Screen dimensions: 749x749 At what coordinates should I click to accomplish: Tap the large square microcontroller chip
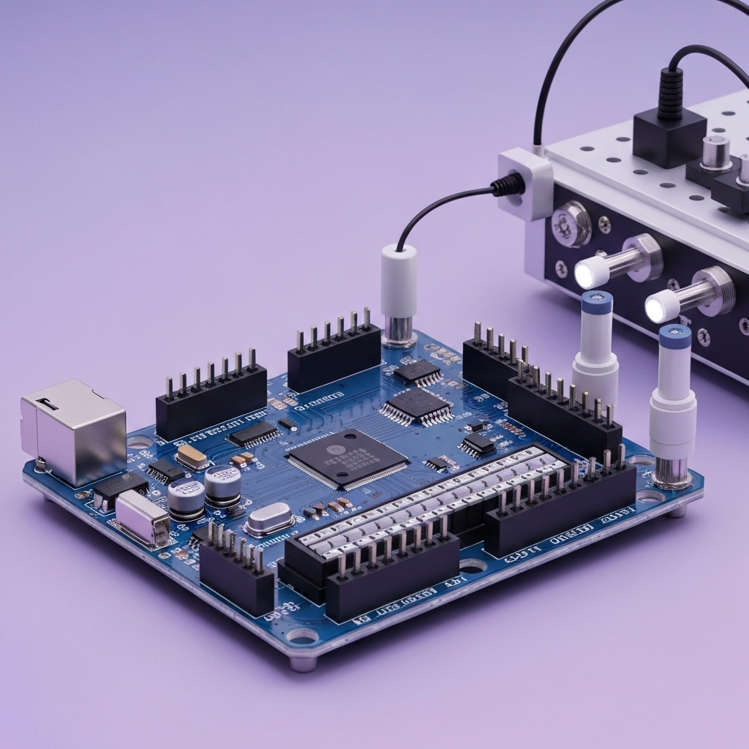coord(347,459)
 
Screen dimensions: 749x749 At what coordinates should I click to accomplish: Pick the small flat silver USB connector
coord(142,518)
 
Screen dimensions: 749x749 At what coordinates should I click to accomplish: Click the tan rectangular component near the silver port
coord(192,456)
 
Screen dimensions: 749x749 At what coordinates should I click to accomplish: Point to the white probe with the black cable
coord(399,282)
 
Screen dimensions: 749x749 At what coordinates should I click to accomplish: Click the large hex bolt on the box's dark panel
coord(571,223)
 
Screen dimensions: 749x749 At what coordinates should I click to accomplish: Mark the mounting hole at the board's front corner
coord(302,636)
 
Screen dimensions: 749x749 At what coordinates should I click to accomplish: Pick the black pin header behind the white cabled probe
coord(334,358)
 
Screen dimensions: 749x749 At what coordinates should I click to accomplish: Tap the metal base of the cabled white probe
coord(399,331)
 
